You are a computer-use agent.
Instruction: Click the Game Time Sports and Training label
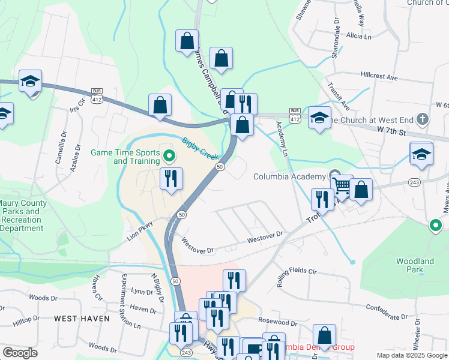pyautogui.click(x=124, y=157)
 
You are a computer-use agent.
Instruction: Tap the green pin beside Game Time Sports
pyautogui.click(x=169, y=158)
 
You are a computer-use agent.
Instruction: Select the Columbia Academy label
pyautogui.click(x=289, y=176)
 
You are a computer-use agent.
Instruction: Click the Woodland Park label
pyautogui.click(x=415, y=265)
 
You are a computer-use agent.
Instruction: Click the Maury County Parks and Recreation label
pyautogui.click(x=22, y=215)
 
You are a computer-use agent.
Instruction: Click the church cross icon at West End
pyautogui.click(x=423, y=118)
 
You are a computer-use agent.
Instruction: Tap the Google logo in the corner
pyautogui.click(x=20, y=353)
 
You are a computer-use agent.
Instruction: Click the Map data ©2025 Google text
pyautogui.click(x=411, y=355)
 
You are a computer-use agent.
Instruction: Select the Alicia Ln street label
pyautogui.click(x=359, y=36)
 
